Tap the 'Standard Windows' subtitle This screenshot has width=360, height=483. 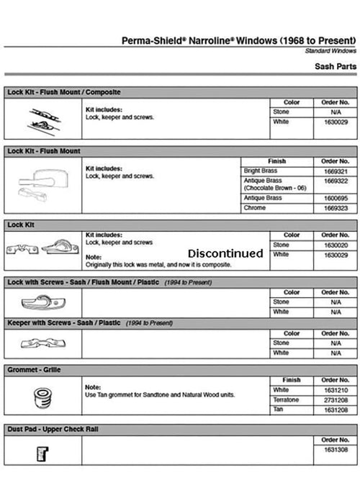[330, 52]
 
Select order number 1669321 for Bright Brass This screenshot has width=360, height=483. [336, 171]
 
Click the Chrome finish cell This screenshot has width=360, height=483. [255, 208]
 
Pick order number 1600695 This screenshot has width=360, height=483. [336, 197]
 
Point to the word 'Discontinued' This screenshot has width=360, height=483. [225, 253]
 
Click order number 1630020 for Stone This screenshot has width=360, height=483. [336, 245]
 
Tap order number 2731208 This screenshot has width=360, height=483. [336, 400]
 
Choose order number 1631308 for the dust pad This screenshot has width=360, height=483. [336, 450]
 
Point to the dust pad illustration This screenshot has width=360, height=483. [42, 453]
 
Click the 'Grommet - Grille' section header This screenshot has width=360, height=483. [32, 370]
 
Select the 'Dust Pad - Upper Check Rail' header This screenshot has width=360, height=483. [53, 429]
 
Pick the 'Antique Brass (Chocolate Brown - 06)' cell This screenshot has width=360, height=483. [274, 184]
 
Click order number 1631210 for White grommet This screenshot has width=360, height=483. [336, 389]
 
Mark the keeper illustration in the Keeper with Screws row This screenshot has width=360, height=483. [42, 343]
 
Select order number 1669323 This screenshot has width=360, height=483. [336, 208]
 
